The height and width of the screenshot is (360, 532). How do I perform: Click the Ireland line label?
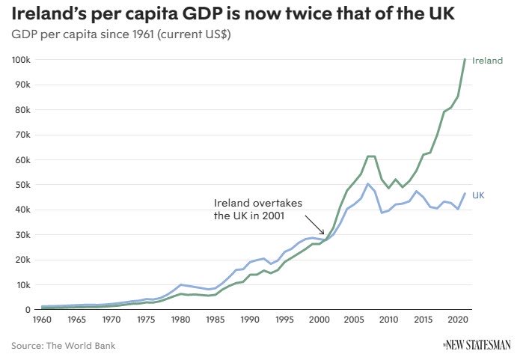(487, 61)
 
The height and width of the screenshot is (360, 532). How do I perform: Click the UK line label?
(478, 195)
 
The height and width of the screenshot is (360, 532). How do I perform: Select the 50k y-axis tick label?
(22, 185)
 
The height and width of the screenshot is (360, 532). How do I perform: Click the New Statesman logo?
(476, 344)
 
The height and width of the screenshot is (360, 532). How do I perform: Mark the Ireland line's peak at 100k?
(465, 59)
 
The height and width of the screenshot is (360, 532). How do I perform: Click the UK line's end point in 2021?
(465, 194)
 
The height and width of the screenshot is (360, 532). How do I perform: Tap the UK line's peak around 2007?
(367, 183)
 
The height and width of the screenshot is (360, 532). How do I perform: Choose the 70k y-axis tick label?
(22, 135)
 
